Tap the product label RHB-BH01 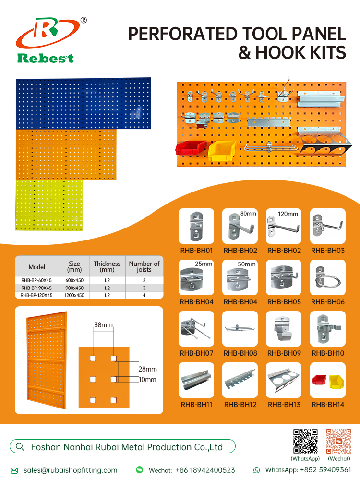(x=196, y=251)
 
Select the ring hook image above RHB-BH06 (x=327, y=277)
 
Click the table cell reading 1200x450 (x=74, y=295)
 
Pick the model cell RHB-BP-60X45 (x=36, y=280)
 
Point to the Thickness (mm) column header (x=107, y=266)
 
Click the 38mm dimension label (x=103, y=325)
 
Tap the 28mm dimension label (x=147, y=369)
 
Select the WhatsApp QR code (x=305, y=441)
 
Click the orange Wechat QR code (x=338, y=441)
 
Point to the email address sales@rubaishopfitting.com (x=71, y=470)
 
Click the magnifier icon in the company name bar (x=20, y=446)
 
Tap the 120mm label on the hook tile (x=288, y=214)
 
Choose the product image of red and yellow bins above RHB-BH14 (x=327, y=380)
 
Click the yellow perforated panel (x=49, y=205)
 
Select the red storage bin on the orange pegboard (x=191, y=147)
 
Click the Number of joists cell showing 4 (x=144, y=295)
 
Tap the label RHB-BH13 (x=284, y=405)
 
